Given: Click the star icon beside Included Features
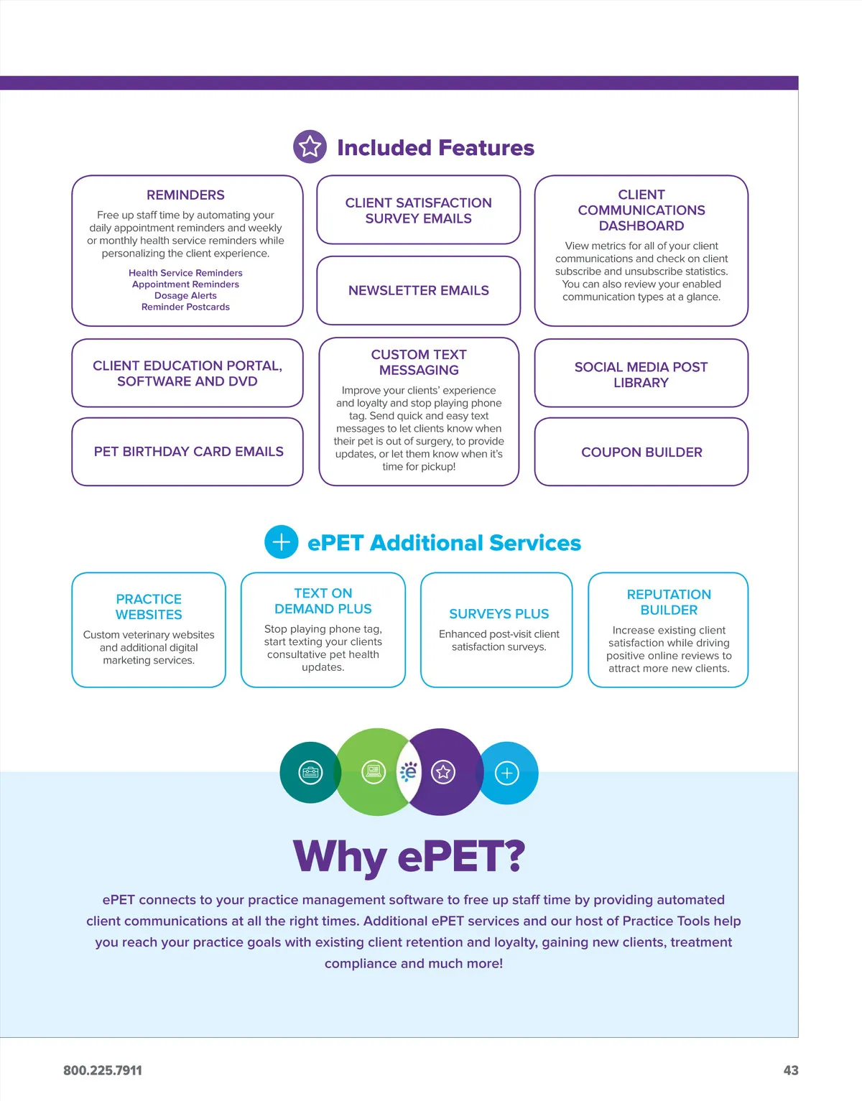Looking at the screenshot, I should (310, 147).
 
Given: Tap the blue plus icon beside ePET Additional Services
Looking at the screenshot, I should (282, 542).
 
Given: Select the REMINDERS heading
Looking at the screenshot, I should (185, 195).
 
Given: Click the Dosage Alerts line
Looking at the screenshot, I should (185, 295).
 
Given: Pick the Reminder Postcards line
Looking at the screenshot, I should (185, 307).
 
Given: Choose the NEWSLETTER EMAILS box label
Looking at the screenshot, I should (418, 291).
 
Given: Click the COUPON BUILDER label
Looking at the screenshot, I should (641, 452).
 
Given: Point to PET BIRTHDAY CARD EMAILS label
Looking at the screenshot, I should (188, 452).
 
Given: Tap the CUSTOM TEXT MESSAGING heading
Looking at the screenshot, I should (419, 363).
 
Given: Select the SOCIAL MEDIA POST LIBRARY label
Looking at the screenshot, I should (641, 375).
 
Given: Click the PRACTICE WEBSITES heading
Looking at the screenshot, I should (149, 607).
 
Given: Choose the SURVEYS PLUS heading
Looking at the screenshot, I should (499, 614).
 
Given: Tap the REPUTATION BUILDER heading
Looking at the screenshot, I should (669, 602).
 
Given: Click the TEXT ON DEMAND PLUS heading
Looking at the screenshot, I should (323, 601).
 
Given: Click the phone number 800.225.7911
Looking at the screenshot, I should (103, 1070).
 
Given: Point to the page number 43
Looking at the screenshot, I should (790, 1070).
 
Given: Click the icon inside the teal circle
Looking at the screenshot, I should (310, 773).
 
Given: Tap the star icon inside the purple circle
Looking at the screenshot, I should (443, 772).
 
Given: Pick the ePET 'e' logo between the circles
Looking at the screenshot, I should (409, 772).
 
